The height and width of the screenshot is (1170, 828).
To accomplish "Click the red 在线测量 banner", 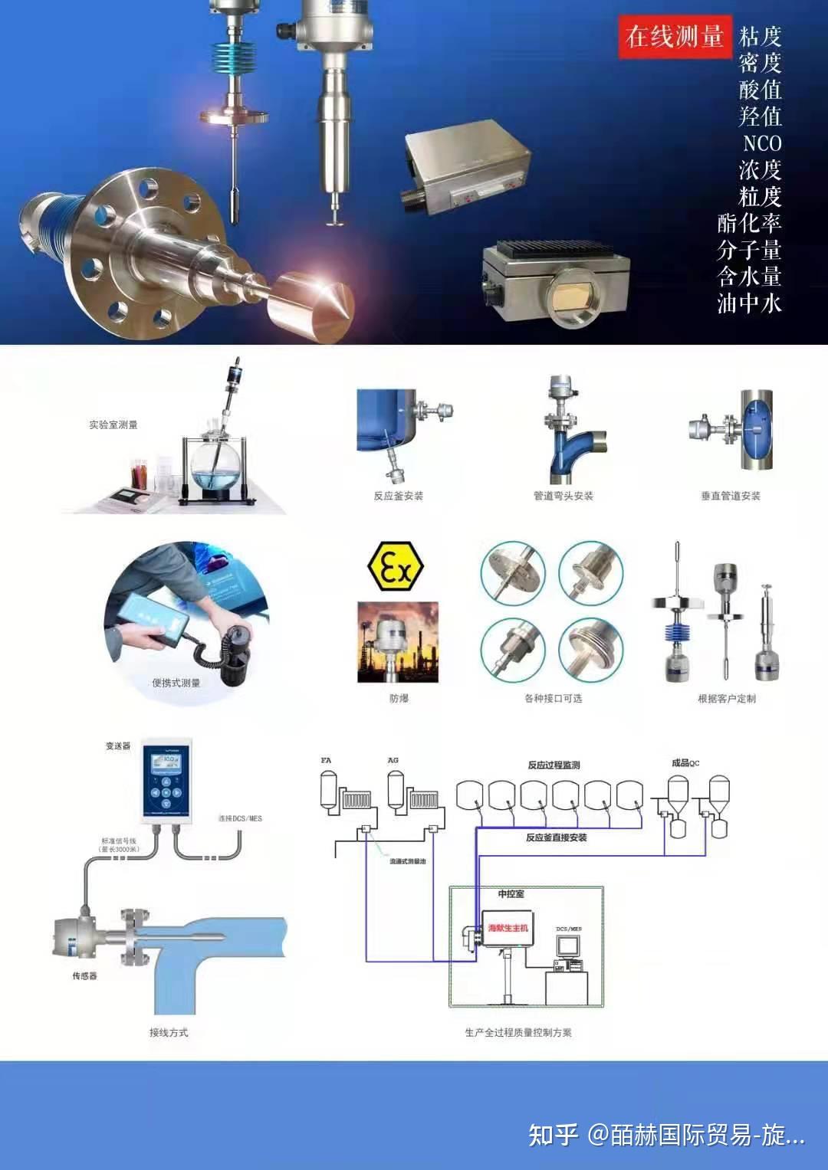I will [x=674, y=37].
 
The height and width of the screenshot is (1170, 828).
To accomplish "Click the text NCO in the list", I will [x=761, y=143].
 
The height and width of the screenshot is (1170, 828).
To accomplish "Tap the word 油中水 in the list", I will [x=749, y=303].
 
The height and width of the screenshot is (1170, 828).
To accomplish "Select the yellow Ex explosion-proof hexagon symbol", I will [x=395, y=567].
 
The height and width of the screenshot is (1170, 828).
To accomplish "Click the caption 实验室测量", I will [x=113, y=424].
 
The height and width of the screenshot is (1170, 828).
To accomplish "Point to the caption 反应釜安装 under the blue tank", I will [x=398, y=496].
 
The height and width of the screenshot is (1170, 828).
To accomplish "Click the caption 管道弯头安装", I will [x=563, y=496].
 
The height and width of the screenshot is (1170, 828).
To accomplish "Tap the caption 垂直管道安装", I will [x=730, y=496].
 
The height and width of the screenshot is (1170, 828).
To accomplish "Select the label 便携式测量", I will [x=176, y=683].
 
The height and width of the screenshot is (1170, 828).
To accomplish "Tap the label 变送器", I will [x=118, y=746].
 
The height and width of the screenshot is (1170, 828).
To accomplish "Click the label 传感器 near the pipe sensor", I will [x=84, y=975].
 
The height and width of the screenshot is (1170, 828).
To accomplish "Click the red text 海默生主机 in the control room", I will [x=508, y=928].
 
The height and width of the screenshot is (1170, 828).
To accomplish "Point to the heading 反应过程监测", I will [x=554, y=765].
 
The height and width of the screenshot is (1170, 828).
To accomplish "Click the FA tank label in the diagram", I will [x=326, y=760].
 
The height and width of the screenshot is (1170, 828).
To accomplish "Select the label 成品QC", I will [x=685, y=762].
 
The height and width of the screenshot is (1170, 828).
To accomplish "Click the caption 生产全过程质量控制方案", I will [x=517, y=1032].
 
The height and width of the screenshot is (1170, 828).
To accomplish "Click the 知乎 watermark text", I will [x=553, y=1134].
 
